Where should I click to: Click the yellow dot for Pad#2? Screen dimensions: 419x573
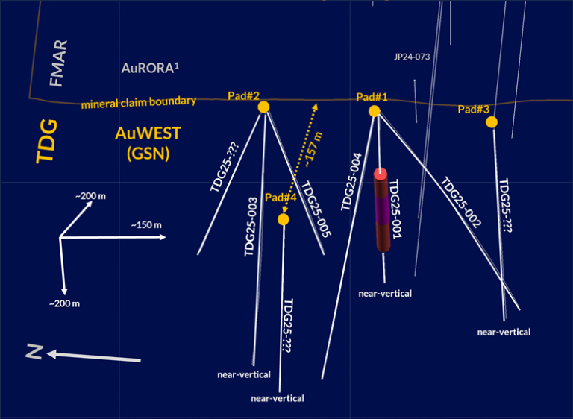263,107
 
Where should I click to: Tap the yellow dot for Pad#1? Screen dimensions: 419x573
375,111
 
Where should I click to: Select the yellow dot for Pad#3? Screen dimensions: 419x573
491,122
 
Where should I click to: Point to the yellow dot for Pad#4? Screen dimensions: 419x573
283,219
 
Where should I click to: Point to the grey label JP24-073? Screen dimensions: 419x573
411,57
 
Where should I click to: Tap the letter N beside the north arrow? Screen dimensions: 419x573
34,351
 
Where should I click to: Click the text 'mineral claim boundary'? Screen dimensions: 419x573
139,101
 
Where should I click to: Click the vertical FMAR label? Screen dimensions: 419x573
58,63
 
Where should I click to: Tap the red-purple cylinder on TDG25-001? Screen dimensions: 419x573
381,211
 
